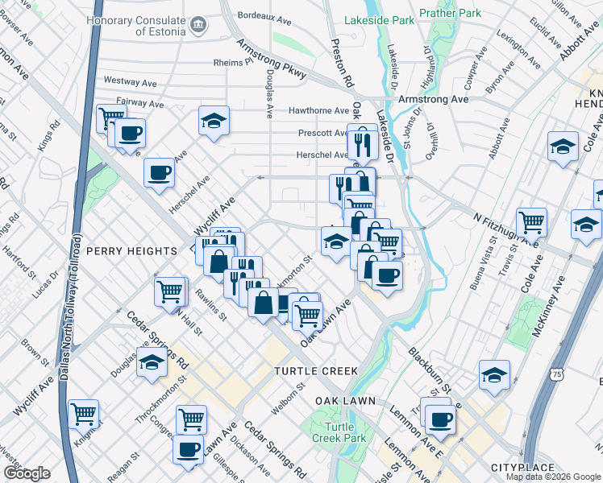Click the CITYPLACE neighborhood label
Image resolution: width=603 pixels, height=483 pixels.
pyautogui.click(x=523, y=468)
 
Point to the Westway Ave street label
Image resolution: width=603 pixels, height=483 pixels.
pyautogui.click(x=130, y=82)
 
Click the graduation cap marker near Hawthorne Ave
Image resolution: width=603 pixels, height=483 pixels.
pyautogui.click(x=214, y=121)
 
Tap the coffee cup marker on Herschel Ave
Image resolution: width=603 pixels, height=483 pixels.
pyautogui.click(x=159, y=171)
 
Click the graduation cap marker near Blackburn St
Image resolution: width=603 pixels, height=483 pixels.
pyautogui.click(x=494, y=374)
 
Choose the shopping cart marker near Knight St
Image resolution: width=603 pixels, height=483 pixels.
pyautogui.click(x=83, y=413)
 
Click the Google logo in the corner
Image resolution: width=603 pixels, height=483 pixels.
pyautogui.click(x=26, y=474)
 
